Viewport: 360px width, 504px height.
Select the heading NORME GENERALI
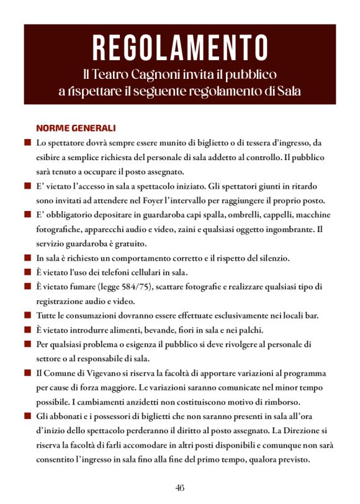point(76,128)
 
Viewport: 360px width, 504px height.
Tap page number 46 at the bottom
point(179,487)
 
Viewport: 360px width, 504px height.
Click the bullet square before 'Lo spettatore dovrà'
point(27,143)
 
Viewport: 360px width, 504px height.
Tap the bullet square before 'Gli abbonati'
point(27,416)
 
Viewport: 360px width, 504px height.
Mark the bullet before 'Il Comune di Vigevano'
point(27,373)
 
